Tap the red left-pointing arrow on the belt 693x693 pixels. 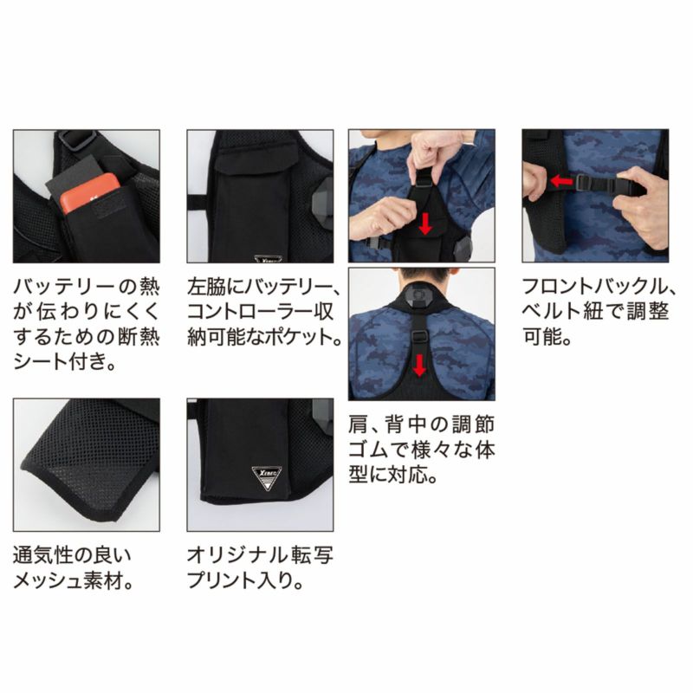[561, 180]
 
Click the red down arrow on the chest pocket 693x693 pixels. [424, 224]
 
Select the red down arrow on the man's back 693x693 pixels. [419, 365]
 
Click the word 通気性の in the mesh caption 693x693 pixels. [62, 555]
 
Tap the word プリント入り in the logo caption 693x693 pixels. [241, 580]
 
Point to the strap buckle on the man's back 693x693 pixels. [418, 337]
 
